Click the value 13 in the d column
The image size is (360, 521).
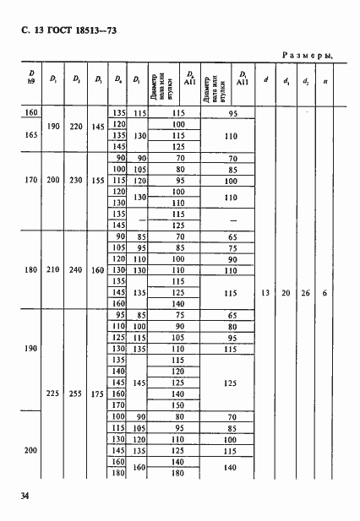(265, 293)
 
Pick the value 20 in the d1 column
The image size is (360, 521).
(285, 293)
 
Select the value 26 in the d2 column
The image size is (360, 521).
(303, 293)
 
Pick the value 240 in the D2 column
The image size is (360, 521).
(76, 270)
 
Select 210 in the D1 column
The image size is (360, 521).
(53, 270)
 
